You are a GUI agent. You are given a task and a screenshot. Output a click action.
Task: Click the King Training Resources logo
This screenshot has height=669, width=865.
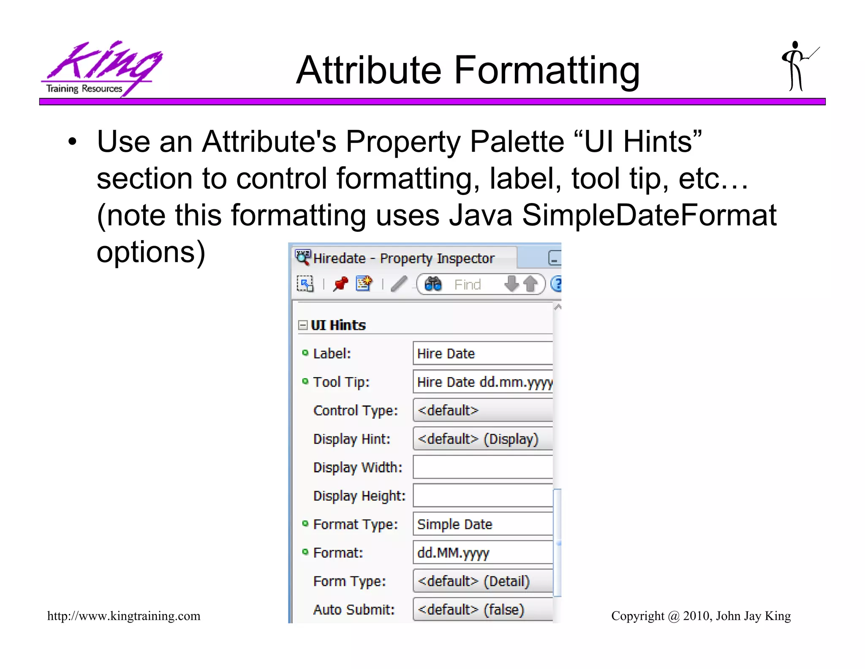tap(101, 69)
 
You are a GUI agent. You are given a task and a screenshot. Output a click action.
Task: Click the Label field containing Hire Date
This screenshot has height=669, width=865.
tap(482, 354)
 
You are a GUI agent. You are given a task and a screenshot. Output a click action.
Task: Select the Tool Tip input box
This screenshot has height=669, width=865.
tap(482, 382)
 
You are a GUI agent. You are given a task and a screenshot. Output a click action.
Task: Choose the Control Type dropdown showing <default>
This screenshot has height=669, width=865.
tap(482, 410)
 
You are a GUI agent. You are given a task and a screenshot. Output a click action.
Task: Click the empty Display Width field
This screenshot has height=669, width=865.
tap(482, 467)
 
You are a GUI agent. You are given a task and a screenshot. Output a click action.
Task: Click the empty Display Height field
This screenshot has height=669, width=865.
tap(482, 495)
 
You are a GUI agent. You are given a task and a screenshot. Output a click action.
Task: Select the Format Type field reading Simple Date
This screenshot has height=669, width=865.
tap(482, 524)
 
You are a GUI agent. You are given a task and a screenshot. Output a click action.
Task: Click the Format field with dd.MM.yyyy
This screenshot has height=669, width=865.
tap(482, 552)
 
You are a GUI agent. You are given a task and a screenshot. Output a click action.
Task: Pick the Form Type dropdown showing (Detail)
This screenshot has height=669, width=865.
tap(482, 581)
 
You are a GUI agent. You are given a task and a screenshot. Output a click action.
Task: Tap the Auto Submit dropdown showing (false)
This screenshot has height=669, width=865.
tap(482, 609)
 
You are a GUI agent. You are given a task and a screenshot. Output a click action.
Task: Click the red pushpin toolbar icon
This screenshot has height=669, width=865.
tap(340, 284)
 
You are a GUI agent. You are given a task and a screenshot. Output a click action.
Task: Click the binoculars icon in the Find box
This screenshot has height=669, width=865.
tap(433, 284)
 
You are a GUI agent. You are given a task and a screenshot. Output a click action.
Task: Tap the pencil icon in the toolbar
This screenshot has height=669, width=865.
tap(399, 284)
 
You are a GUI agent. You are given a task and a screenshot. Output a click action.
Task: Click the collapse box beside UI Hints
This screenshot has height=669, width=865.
tap(302, 325)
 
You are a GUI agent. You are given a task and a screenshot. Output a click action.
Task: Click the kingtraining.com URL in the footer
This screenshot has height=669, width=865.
tap(124, 616)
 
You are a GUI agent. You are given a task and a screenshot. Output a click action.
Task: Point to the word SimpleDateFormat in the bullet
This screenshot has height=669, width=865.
tap(649, 215)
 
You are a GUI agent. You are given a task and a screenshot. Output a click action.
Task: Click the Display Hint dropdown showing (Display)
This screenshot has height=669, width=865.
tap(482, 439)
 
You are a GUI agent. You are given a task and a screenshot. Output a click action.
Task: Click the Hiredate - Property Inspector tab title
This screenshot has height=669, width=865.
tap(403, 258)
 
